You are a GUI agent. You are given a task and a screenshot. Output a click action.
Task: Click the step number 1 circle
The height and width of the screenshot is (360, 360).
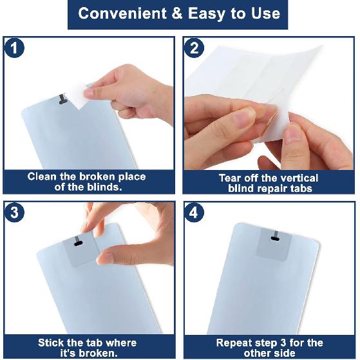pos(14,48)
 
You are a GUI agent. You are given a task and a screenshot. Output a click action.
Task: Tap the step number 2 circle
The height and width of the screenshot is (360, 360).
pos(194,48)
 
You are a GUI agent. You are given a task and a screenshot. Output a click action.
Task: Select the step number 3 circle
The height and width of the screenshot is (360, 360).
pos(14,212)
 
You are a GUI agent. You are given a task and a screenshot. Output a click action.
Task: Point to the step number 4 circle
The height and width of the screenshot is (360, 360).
pos(194,212)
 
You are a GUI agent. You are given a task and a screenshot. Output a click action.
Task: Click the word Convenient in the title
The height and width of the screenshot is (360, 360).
pos(122,14)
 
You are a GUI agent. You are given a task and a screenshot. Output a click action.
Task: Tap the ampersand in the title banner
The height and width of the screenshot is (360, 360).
pos(177,14)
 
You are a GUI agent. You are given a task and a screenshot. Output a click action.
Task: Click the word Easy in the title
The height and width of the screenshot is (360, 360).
pos(206,14)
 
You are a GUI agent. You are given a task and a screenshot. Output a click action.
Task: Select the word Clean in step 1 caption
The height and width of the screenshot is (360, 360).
pos(42,177)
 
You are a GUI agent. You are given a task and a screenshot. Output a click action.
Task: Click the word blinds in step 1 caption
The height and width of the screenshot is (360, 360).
pos(104,187)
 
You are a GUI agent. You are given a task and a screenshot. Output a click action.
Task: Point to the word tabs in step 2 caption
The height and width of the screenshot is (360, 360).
pos(301,189)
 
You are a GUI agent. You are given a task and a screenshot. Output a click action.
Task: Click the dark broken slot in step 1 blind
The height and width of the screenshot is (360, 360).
pos(62,99)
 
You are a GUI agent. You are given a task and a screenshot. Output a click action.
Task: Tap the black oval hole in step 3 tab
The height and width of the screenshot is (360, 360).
pos(79,243)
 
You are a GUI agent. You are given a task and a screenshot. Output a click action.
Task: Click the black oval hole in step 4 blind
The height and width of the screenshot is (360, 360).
pos(275,239)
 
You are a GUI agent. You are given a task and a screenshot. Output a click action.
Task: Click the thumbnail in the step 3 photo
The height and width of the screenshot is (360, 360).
pos(106,258)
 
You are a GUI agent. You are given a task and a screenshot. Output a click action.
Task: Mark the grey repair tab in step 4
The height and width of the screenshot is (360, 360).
pos(274,244)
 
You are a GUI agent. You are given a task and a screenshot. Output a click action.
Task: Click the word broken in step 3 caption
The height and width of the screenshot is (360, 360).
pos(98,353)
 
